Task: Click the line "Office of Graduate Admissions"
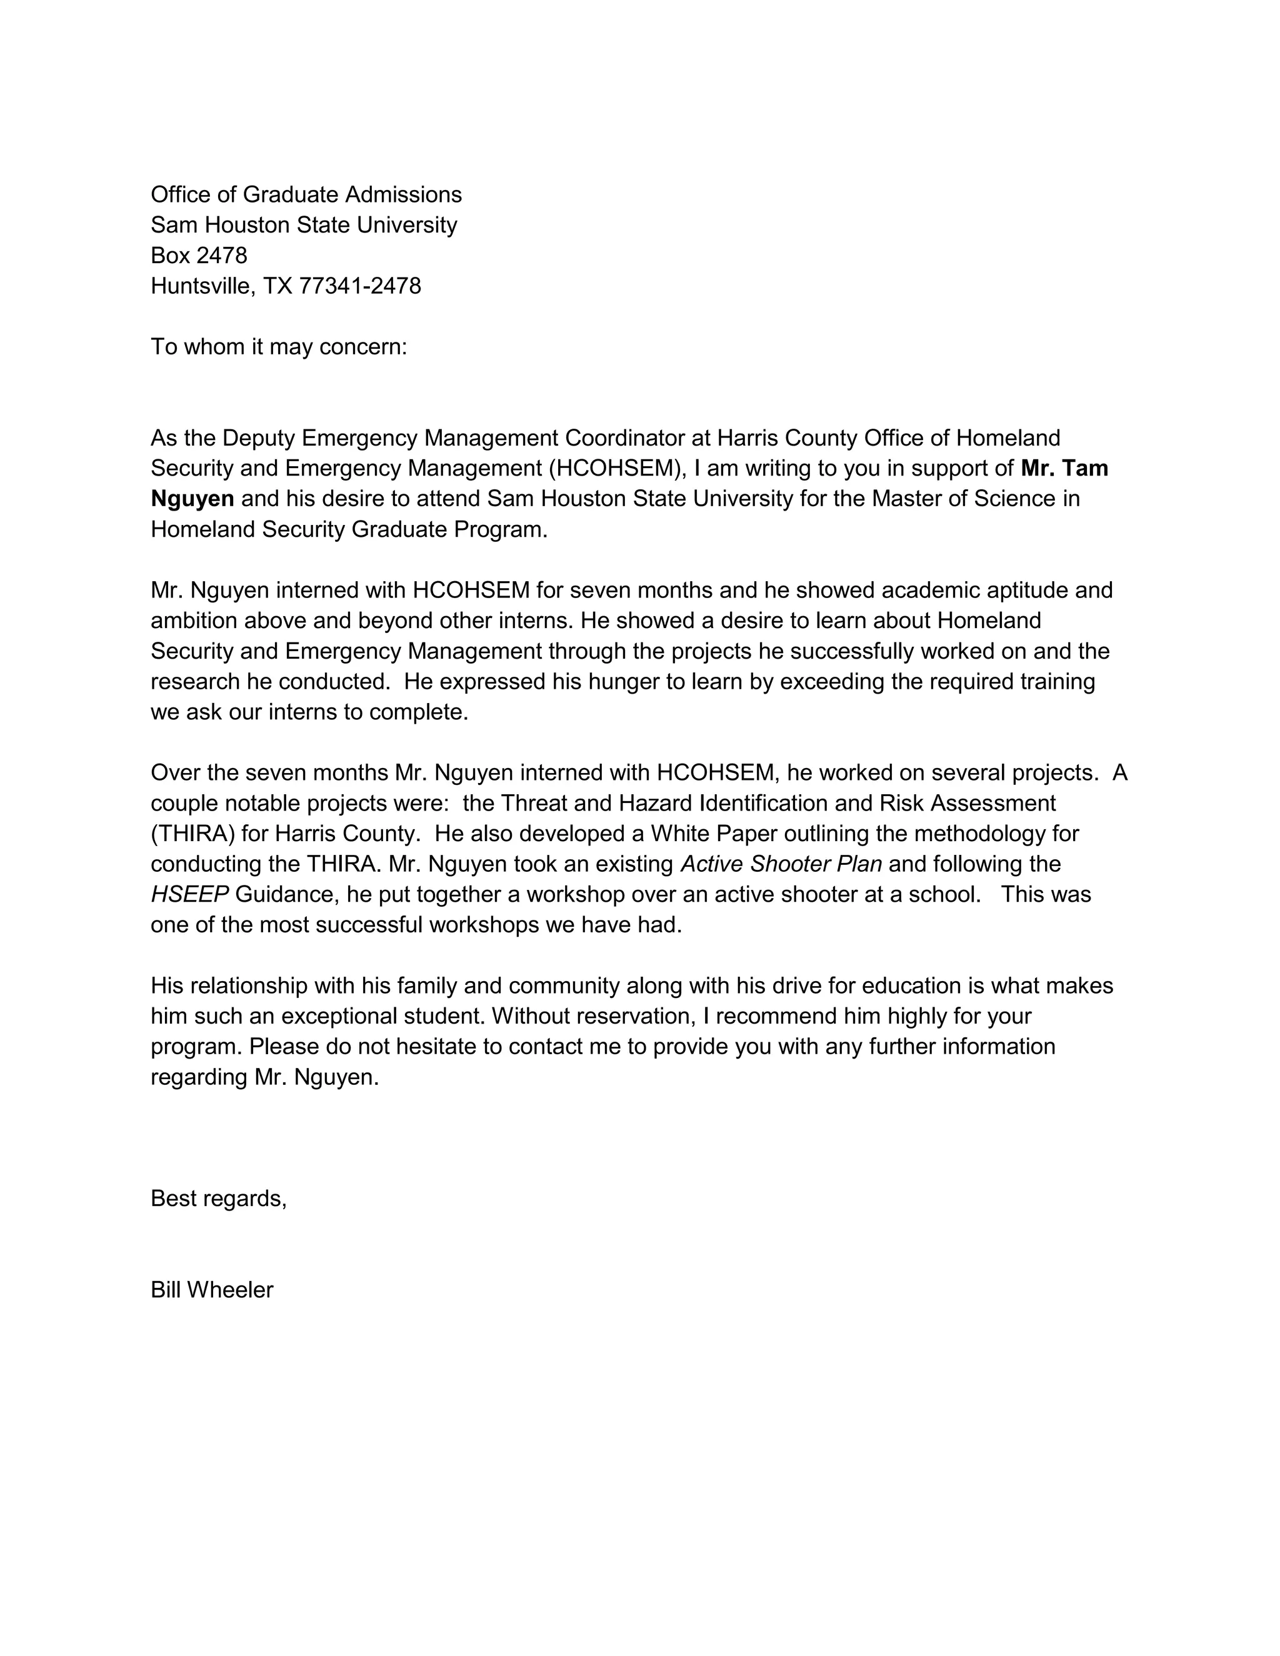306,195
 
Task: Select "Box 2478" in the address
199,256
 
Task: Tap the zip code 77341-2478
360,286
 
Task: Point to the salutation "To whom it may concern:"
278,347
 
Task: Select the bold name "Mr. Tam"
1064,469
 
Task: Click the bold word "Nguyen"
192,499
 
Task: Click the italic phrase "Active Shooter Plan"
781,864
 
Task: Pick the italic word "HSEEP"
189,895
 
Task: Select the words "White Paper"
712,834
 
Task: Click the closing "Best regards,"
218,1199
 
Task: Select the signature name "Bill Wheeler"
212,1290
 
